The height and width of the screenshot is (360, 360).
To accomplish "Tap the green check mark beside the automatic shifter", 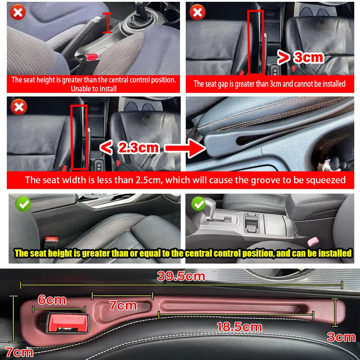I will (198, 204).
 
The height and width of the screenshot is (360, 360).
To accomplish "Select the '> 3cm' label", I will (301, 57).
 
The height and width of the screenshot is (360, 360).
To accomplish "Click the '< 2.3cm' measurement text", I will (129, 147).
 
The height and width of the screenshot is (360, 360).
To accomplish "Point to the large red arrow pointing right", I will (184, 148).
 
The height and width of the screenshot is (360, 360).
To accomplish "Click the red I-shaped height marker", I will (107, 22).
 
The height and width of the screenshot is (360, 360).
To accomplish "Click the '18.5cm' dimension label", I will (239, 327).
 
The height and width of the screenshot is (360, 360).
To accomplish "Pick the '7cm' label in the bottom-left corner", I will (19, 352).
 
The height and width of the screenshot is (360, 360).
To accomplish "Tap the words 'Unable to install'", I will (94, 89).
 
